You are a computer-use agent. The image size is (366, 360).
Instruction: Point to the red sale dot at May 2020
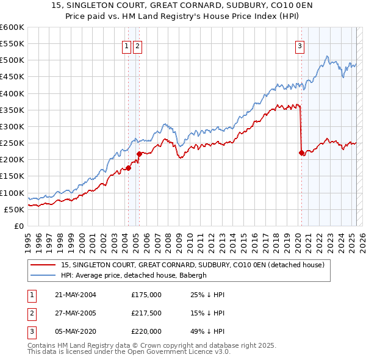click(x=301, y=153)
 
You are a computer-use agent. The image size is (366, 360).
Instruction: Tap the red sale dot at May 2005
click(x=139, y=154)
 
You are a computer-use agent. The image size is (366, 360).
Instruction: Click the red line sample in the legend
click(x=43, y=265)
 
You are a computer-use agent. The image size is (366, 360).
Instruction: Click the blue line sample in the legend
click(x=43, y=275)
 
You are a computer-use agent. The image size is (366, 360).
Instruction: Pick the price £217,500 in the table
click(x=146, y=313)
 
